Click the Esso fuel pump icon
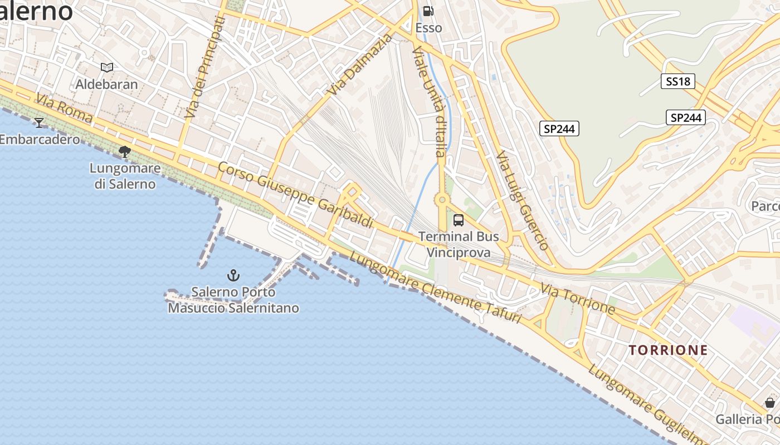coord(428,11)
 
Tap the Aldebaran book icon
coord(107,67)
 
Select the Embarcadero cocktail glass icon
coord(39,122)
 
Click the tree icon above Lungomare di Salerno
coord(125,151)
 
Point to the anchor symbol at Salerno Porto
coord(233,275)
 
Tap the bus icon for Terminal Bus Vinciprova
coord(458,220)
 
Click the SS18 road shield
coord(678,81)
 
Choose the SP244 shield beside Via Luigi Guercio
coord(559,128)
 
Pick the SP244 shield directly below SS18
coord(685,117)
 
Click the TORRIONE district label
coord(668,350)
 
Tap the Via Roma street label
coord(64,109)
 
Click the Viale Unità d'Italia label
coord(430,101)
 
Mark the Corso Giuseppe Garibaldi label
coord(295,195)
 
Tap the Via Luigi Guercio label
coord(523,200)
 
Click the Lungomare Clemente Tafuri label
coord(435,288)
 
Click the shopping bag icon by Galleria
coord(769,403)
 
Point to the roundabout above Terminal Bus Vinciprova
coord(442,200)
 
